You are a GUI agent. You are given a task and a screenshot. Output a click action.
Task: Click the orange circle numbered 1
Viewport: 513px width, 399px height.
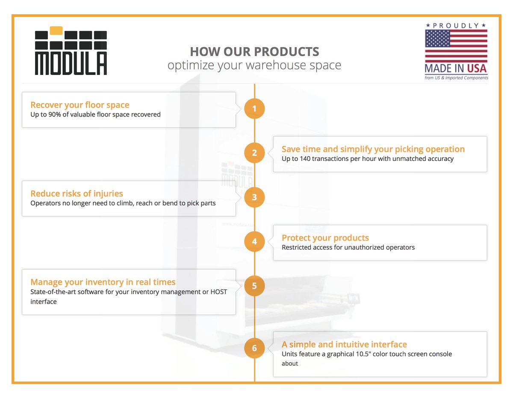254,109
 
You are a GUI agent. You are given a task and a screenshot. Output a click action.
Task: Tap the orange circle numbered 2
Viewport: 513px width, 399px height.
254,153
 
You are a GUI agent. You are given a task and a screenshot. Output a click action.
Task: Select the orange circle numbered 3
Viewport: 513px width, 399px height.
254,197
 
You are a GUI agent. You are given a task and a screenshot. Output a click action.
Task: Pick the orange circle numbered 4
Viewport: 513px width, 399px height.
254,241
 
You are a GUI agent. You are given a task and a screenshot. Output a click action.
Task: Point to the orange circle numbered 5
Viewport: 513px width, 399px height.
254,286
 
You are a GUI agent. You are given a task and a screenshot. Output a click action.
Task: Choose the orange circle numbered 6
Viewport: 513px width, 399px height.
254,348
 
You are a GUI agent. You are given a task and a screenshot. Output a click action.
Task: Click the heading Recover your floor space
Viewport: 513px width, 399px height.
80,105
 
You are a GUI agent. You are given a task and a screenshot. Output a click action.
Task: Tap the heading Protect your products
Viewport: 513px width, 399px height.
325,238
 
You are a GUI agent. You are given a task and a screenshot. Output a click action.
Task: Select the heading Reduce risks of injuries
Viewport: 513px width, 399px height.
77,194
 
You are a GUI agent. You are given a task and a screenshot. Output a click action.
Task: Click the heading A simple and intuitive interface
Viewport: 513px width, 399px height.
344,344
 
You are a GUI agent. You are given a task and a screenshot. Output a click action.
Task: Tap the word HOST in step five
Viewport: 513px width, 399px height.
218,292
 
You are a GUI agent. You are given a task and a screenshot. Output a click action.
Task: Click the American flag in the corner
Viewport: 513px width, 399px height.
456,46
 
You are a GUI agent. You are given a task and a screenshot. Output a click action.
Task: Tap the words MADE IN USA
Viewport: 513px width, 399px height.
456,68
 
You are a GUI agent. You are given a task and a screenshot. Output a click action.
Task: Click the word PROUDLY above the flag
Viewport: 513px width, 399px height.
456,26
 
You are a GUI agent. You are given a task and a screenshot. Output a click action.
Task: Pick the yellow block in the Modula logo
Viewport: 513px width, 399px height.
56,30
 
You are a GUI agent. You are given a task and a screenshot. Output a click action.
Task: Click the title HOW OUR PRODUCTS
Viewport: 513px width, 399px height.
254,52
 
